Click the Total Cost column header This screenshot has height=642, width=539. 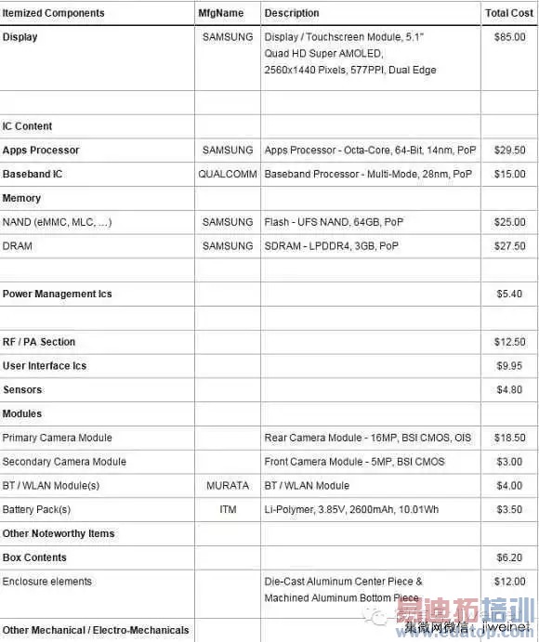[509, 13]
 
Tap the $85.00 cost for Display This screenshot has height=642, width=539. [509, 37]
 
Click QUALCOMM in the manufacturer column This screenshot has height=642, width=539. [226, 174]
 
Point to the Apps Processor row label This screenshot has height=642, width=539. [41, 150]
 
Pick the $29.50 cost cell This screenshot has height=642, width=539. [509, 150]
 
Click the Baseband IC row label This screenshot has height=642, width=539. [38, 174]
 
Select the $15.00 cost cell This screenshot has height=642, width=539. [509, 174]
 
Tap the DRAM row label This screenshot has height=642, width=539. [18, 246]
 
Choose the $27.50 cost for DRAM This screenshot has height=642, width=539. [509, 246]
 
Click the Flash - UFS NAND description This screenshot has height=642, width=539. [331, 222]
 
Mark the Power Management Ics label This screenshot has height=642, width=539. [57, 294]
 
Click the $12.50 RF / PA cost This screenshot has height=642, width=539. [509, 342]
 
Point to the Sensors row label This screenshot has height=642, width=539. [22, 390]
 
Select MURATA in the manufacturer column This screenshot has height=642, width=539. [228, 486]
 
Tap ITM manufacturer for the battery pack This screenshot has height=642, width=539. [228, 510]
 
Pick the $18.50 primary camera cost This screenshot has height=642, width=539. [509, 438]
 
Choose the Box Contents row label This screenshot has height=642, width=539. [34, 557]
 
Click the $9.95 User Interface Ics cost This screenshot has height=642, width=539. [509, 366]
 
